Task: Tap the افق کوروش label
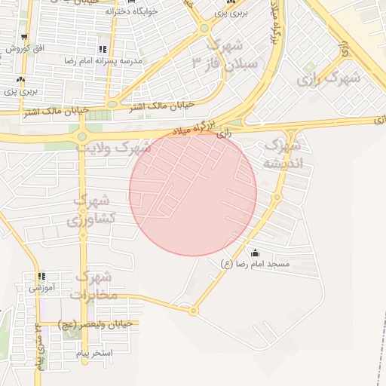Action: click(23, 48)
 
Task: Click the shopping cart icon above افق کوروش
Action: click(24, 37)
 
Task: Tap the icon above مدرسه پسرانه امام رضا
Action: click(103, 49)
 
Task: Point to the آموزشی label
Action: click(41, 287)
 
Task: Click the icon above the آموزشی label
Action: click(41, 277)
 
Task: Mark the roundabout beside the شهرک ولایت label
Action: click(81, 136)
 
